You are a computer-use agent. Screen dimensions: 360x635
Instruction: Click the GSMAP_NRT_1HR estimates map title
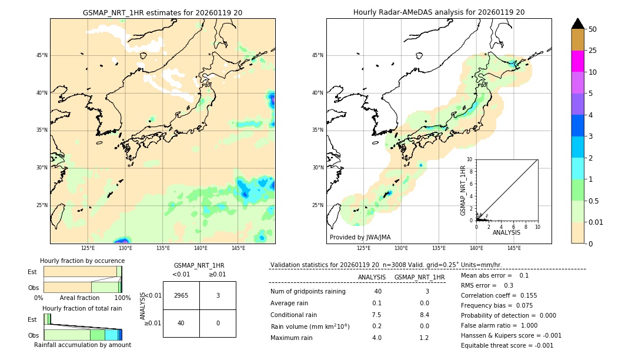tap(162, 12)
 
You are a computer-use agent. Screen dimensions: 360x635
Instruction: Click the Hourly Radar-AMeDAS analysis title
tap(439, 12)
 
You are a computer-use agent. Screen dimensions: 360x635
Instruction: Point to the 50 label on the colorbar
tap(593, 29)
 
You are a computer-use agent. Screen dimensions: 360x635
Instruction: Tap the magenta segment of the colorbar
tap(577, 61)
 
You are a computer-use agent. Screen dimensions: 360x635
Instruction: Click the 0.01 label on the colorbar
tap(596, 222)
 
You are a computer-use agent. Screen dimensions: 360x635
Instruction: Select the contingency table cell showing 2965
tap(181, 295)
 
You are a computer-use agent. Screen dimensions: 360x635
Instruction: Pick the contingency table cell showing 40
tap(181, 323)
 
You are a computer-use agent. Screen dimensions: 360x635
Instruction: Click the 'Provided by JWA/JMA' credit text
tap(360, 237)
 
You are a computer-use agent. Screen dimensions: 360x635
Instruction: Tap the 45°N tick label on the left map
tap(42, 55)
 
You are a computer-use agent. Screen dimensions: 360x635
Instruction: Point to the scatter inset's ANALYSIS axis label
tap(506, 233)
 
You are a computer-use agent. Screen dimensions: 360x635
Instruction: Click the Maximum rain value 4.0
tap(376, 338)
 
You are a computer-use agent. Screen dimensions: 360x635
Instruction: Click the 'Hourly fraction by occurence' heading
tap(82, 261)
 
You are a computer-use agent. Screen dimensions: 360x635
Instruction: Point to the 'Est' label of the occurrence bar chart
tap(32, 272)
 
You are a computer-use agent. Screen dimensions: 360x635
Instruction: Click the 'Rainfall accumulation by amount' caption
tap(82, 345)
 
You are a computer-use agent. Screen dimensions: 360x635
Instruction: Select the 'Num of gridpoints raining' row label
tap(308, 292)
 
